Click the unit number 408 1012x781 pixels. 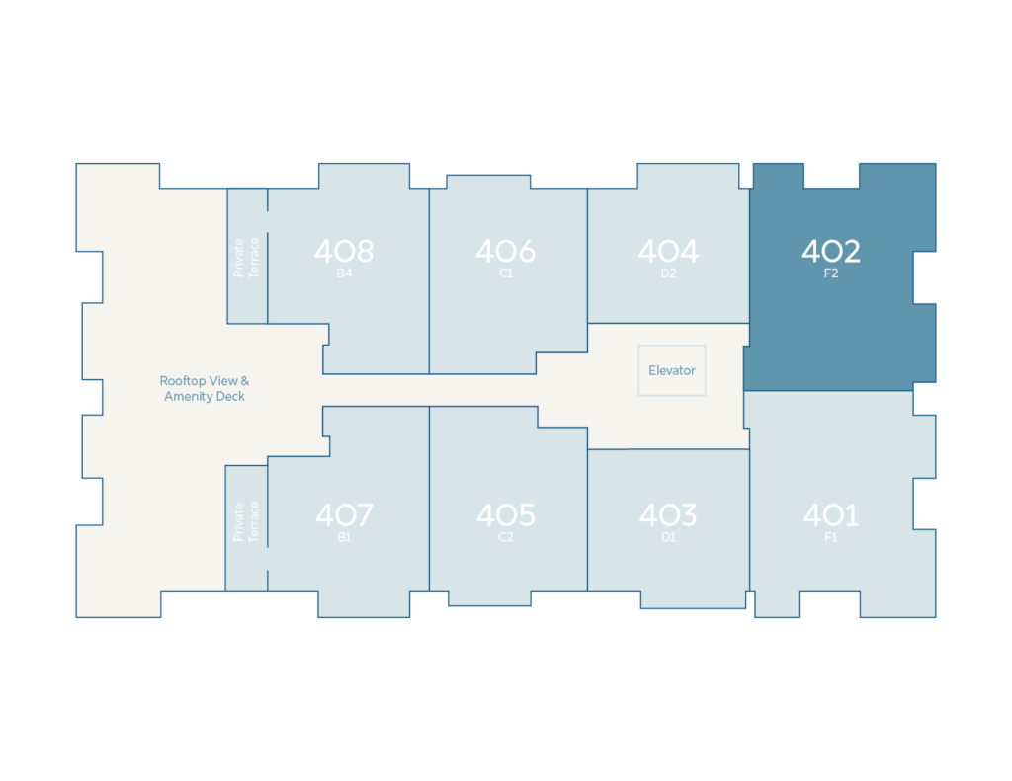click(344, 251)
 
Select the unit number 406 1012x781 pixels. click(506, 251)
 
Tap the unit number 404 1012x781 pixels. click(669, 251)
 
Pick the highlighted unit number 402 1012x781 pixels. click(831, 251)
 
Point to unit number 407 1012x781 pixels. click(344, 514)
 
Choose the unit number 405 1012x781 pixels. click(506, 514)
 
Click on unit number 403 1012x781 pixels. click(669, 514)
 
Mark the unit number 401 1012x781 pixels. click(831, 514)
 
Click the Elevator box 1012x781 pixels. click(672, 370)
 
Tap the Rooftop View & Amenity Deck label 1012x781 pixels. click(205, 388)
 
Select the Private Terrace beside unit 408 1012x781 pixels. click(246, 258)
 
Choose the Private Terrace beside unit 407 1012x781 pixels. click(246, 521)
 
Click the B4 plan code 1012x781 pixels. click(344, 273)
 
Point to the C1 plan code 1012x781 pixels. click(506, 273)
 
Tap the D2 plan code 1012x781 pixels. click(669, 273)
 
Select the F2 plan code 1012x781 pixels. click(831, 273)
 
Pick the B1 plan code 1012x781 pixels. click(344, 537)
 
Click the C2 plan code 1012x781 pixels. click(506, 537)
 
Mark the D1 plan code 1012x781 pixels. click(669, 537)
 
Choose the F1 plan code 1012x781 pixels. click(831, 537)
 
